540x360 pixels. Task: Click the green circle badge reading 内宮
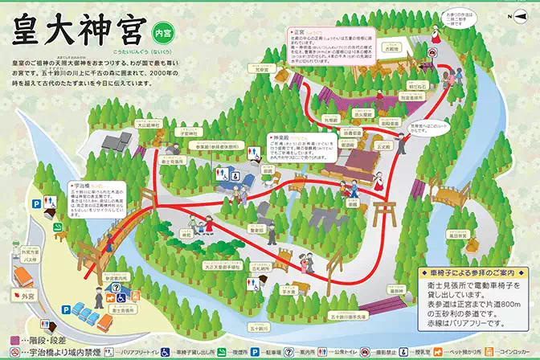(x=162, y=33)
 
